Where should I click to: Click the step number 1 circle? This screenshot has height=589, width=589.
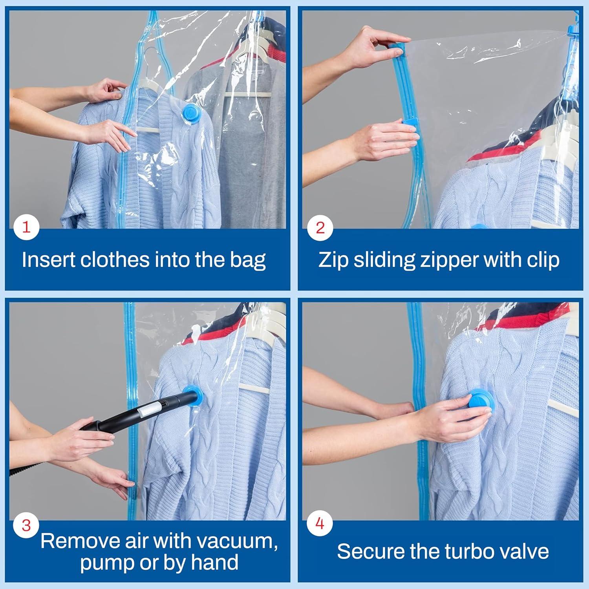26,227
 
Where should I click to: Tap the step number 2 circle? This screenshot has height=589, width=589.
320,227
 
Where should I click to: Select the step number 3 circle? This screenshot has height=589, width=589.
26,525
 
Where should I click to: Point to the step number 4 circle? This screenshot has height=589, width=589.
320,523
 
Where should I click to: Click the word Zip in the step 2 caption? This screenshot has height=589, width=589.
333,260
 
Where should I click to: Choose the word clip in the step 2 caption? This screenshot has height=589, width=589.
543,260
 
